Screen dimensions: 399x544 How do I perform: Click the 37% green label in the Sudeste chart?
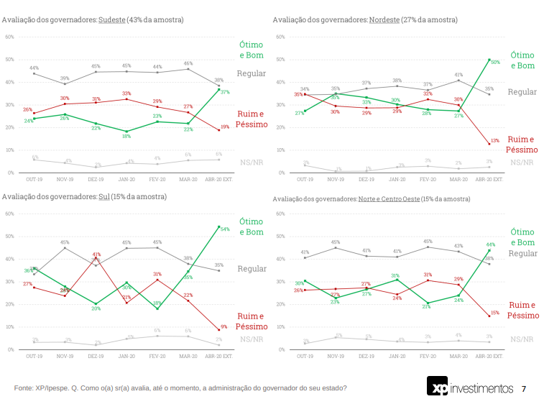click(225, 92)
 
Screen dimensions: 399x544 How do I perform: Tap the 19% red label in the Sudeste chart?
click(225, 127)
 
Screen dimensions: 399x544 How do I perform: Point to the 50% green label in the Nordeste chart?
click(495, 62)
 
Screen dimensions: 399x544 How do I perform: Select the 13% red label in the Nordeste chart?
click(495, 140)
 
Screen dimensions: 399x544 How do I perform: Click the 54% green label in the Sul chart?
click(225, 229)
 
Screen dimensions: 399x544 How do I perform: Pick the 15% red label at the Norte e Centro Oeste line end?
click(495, 313)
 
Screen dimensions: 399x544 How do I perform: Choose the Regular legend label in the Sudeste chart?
click(252, 73)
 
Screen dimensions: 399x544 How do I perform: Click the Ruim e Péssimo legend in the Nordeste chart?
click(521, 145)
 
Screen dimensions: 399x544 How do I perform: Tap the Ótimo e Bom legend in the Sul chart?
click(251, 226)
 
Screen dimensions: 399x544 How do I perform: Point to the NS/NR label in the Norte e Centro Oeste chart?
click(522, 339)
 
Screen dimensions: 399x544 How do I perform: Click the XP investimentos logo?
click(470, 387)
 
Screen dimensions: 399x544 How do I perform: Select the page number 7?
click(523, 388)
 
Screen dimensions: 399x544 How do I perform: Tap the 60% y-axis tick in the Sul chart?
click(9, 214)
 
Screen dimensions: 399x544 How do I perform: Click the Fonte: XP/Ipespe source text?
click(180, 388)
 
